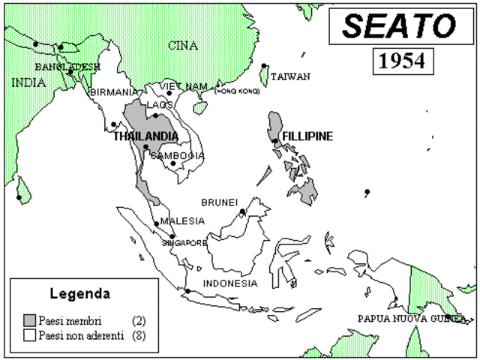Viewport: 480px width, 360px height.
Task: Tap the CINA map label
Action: click(182, 46)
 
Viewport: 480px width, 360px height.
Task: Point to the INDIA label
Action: click(28, 82)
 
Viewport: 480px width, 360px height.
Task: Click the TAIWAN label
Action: click(290, 76)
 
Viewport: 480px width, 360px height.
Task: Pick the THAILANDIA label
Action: click(145, 136)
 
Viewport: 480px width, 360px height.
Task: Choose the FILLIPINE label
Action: click(307, 136)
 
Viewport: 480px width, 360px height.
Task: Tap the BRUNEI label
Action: click(219, 202)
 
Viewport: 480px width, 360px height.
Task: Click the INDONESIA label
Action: click(230, 283)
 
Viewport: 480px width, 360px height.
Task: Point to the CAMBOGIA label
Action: click(178, 155)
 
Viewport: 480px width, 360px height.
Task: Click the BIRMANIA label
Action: click(113, 92)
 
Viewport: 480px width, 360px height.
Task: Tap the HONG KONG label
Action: click(237, 91)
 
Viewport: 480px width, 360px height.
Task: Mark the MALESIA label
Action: click(182, 220)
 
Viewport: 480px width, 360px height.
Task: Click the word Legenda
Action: click(79, 292)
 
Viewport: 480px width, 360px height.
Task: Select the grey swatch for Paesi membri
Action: click(30, 320)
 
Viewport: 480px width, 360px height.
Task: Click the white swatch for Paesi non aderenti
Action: click(30, 334)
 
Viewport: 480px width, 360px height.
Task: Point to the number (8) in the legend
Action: click(139, 334)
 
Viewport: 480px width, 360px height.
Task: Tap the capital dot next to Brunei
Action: click(243, 212)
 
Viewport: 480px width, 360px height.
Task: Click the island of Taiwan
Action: click(264, 74)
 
